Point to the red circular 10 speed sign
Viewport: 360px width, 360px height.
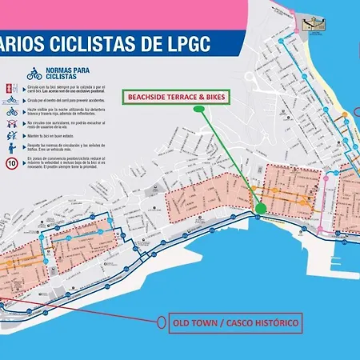tap(12, 163)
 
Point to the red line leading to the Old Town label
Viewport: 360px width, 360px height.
tap(80, 313)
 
